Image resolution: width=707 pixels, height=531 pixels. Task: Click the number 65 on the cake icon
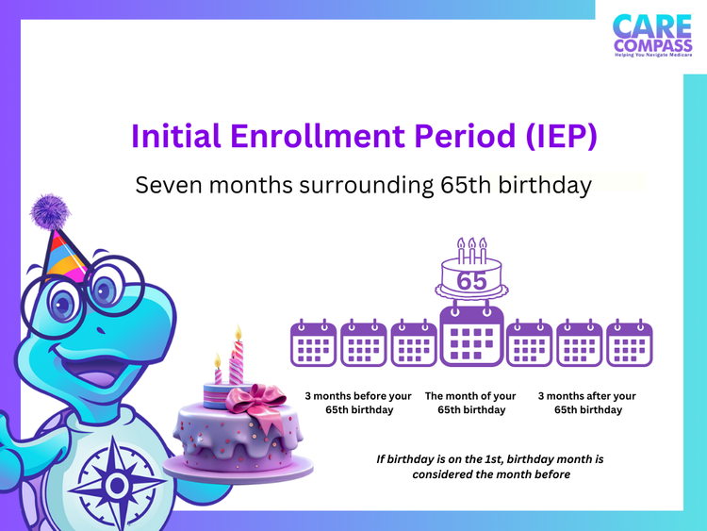click(x=471, y=280)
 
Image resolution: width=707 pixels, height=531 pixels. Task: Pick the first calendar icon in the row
click(x=313, y=342)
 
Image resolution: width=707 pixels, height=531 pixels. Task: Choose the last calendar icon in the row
click(x=629, y=342)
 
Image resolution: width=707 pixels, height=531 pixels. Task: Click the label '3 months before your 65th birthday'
click(x=358, y=403)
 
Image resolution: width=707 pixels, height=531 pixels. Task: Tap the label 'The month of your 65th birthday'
click(x=471, y=403)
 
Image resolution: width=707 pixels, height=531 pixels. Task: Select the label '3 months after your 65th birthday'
click(x=587, y=403)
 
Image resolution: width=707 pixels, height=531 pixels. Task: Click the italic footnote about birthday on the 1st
click(x=489, y=466)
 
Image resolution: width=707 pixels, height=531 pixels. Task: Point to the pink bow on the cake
click(x=256, y=400)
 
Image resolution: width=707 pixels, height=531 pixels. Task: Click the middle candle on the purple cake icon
click(x=471, y=249)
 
